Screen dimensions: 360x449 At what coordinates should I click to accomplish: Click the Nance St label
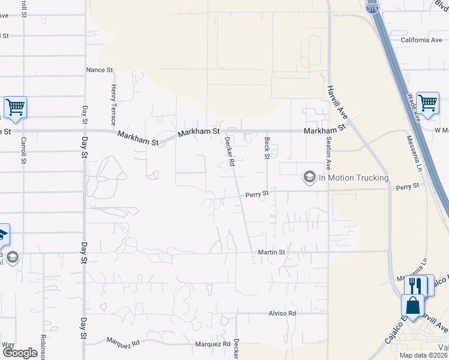click(x=100, y=70)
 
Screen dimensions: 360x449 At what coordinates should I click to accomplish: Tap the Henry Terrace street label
click(x=113, y=101)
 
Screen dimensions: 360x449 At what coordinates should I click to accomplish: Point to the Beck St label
click(x=267, y=148)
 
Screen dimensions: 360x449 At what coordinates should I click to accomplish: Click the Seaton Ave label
click(x=328, y=154)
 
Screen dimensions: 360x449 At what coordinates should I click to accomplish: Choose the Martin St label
click(x=271, y=253)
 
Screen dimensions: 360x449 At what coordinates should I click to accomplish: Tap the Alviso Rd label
click(x=282, y=314)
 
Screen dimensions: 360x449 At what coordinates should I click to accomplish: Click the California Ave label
click(x=421, y=40)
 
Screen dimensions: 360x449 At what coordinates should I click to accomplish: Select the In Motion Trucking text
click(x=353, y=178)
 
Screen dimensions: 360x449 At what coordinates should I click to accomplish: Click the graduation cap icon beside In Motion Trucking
click(x=309, y=177)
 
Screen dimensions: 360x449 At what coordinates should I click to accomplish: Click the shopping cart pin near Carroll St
click(x=15, y=107)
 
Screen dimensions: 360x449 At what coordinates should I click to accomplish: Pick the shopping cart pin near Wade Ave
click(x=427, y=103)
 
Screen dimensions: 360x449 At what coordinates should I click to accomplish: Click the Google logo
click(x=20, y=353)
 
